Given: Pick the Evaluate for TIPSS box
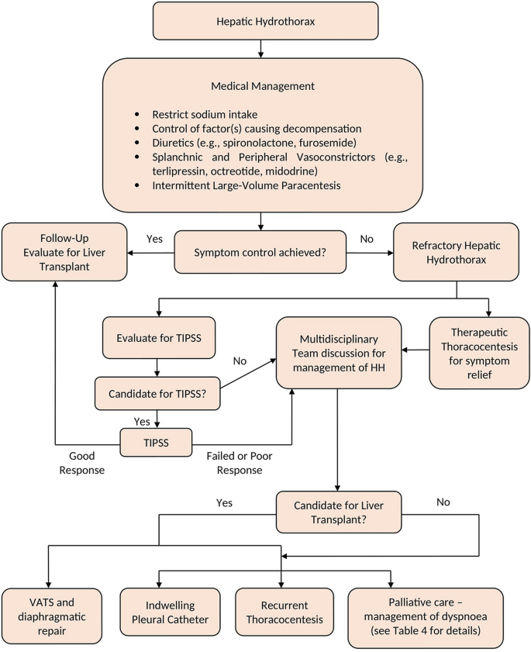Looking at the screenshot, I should (158, 338).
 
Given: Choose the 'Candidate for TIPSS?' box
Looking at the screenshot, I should (158, 394).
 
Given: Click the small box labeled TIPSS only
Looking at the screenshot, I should (158, 443).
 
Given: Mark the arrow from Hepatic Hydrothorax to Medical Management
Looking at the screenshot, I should (261, 50).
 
